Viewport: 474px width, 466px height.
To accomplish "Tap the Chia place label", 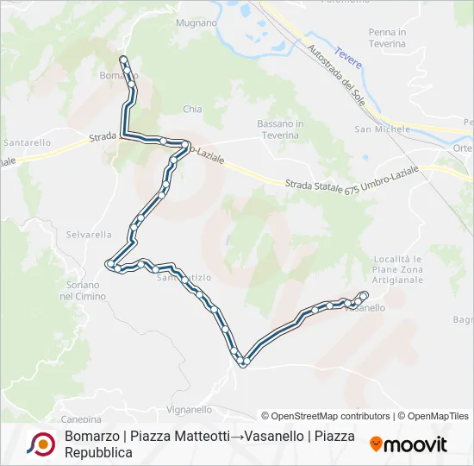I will (x=192, y=110).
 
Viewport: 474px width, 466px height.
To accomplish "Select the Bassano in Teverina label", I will (x=280, y=129).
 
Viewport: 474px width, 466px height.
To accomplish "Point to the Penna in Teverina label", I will (x=386, y=38).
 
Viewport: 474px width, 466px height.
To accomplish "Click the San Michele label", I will (x=383, y=129).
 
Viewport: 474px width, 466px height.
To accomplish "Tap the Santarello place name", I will (x=27, y=142).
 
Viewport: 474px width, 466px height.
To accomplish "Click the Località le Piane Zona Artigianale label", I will (x=398, y=269).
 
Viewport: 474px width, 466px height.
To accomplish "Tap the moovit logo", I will (x=409, y=444).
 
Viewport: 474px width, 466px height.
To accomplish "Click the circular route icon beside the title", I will (x=41, y=444).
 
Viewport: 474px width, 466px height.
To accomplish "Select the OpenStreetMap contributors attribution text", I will (x=327, y=416).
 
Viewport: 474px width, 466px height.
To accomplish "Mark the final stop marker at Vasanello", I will (x=364, y=296).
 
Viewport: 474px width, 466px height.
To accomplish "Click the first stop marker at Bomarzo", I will (x=123, y=60).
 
